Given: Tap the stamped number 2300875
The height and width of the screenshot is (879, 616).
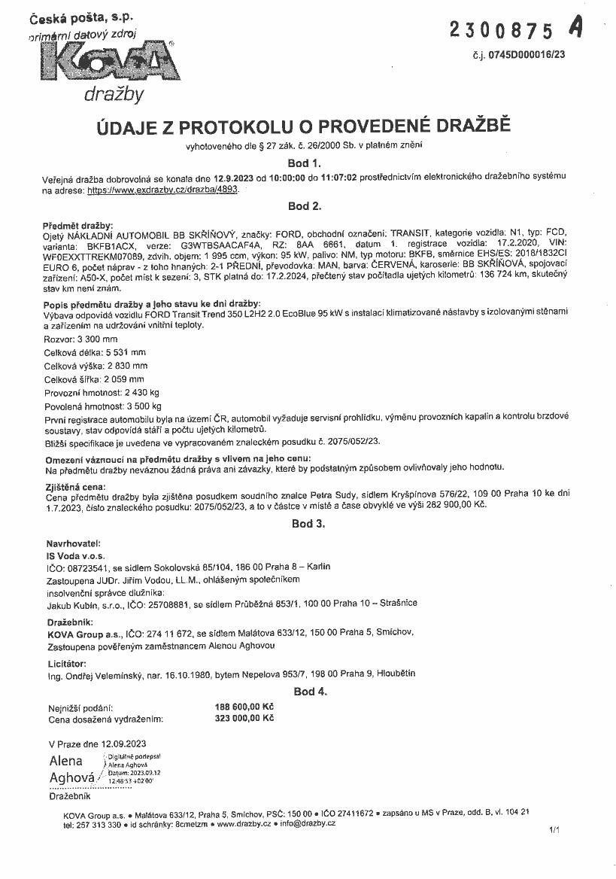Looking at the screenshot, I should click(501, 30).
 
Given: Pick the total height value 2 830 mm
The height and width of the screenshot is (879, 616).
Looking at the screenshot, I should click(123, 366).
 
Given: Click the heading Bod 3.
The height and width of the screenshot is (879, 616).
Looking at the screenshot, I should click(308, 524).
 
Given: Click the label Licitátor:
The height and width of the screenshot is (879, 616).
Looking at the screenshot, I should click(66, 663).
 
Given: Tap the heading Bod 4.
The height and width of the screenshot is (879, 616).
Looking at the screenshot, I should click(309, 692).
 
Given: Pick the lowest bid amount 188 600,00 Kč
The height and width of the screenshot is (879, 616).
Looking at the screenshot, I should click(244, 707).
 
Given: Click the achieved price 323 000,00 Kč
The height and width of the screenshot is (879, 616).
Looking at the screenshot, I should click(244, 719).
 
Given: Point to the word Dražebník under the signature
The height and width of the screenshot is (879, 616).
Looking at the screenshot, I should click(70, 795).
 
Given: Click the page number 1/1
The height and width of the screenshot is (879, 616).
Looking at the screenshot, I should click(555, 830).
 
